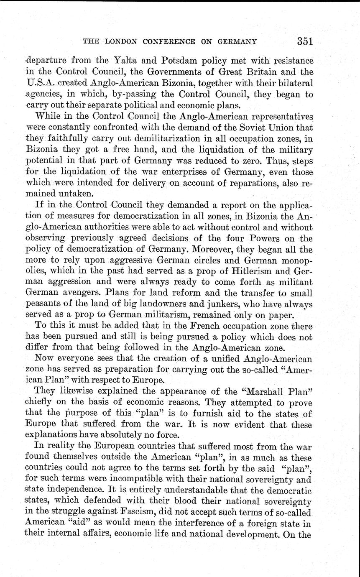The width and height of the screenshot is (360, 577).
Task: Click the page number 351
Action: [x=305, y=41]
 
